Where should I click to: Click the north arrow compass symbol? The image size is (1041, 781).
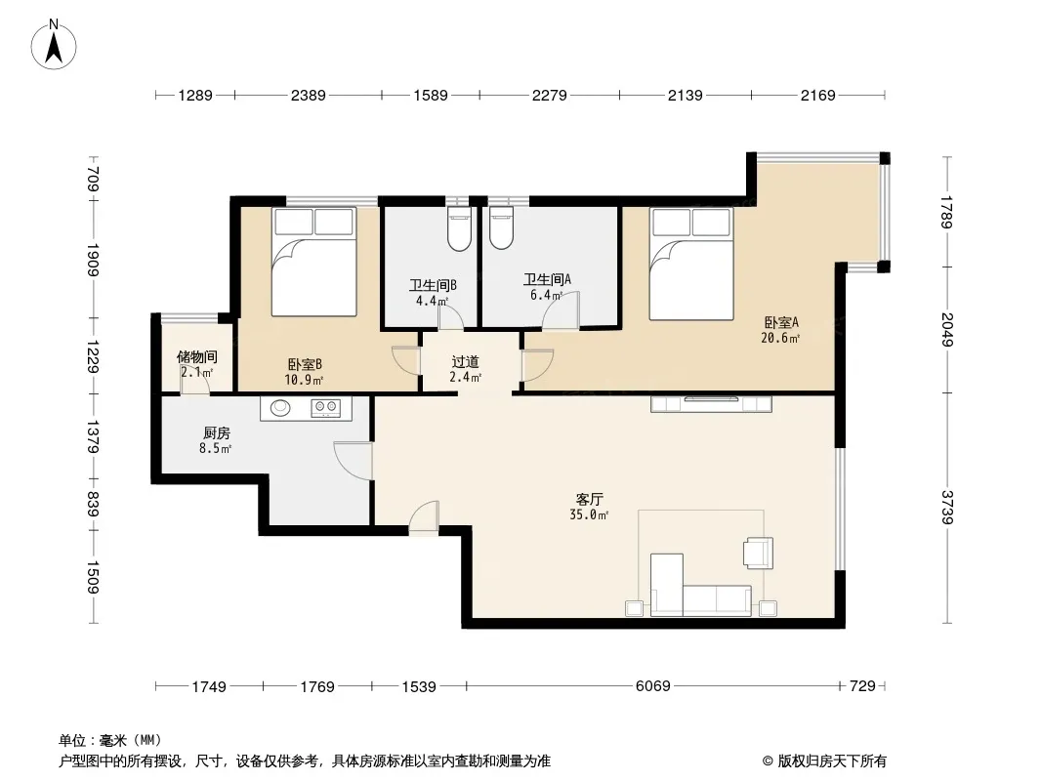point(54,45)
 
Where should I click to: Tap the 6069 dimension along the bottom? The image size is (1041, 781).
point(652,686)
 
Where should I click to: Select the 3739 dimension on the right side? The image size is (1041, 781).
point(946,507)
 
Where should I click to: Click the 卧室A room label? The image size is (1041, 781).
point(781,322)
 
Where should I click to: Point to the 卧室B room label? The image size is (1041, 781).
point(305,364)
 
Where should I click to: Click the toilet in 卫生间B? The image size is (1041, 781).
point(459,228)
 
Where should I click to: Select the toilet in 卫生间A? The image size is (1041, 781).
point(501,228)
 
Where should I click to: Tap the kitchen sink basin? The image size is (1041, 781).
point(280,408)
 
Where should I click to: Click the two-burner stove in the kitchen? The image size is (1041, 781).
point(325,408)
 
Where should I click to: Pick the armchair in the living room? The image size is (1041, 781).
point(759,553)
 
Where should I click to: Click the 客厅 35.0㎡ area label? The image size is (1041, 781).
point(589,507)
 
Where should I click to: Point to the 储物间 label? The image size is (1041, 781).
point(196,357)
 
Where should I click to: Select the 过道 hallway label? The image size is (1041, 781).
point(465,362)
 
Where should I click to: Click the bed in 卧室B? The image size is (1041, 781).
point(314,262)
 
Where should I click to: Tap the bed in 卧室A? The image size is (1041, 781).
point(691,264)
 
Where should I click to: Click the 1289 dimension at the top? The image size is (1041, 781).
point(195,96)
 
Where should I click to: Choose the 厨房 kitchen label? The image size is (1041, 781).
point(217,433)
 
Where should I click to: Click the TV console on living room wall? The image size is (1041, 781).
point(711,403)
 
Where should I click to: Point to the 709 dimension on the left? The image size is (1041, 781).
point(94,177)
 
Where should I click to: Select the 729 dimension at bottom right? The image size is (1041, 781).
point(862,686)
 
